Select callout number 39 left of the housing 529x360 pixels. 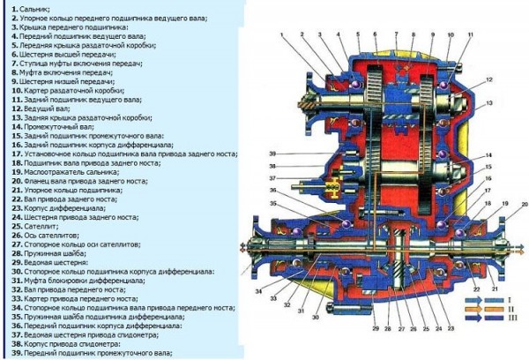coord(273,153)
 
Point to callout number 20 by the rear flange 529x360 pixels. coord(523,205)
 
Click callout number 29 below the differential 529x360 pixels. coord(374,329)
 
